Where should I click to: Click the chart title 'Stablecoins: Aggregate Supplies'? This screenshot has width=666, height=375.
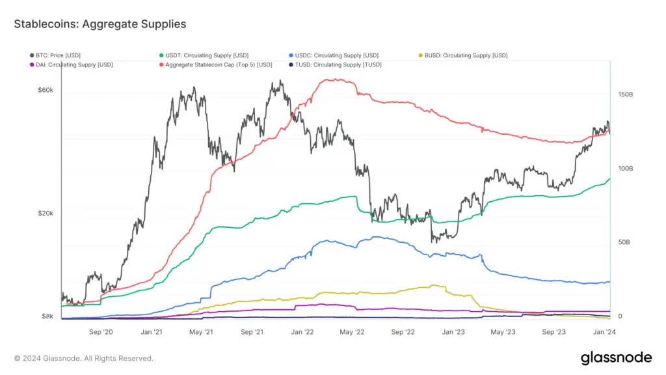[x=100, y=24]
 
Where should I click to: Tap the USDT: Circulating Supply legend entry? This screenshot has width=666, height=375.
[x=204, y=55]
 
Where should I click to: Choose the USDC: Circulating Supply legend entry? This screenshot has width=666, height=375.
[x=333, y=55]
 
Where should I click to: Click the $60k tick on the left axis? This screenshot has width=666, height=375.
[x=45, y=90]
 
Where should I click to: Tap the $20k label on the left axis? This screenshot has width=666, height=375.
[x=45, y=214]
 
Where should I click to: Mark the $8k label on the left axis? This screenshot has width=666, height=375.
[x=47, y=316]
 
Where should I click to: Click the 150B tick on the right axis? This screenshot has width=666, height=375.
[x=624, y=95]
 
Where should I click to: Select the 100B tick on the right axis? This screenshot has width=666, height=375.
[x=624, y=169]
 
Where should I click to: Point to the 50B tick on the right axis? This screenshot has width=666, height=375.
[x=623, y=242]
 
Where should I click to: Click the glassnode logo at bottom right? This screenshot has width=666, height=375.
[x=615, y=357]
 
